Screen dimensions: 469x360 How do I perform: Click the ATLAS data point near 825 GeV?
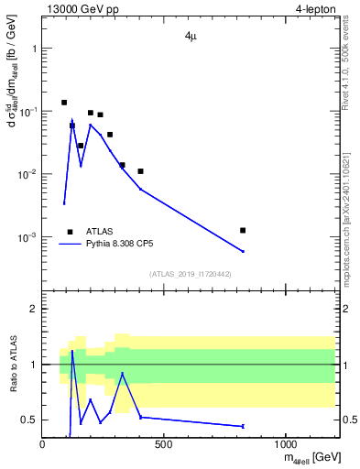click(x=243, y=230)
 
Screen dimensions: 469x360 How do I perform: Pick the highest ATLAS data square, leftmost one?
click(x=64, y=103)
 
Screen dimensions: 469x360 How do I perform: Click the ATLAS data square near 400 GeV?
click(x=140, y=171)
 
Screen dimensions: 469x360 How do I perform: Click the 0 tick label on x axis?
click(x=43, y=444)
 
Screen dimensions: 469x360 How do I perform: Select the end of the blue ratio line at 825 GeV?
click(x=243, y=426)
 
